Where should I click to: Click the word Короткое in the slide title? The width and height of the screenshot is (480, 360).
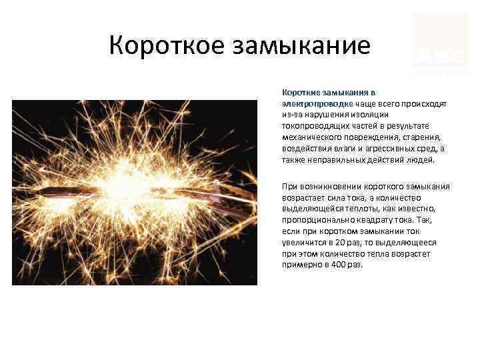click(x=165, y=46)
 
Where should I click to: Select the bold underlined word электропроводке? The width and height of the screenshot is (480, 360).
click(x=316, y=105)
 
